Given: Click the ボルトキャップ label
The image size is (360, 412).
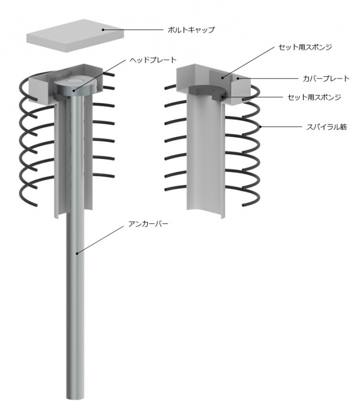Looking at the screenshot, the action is click(x=191, y=30).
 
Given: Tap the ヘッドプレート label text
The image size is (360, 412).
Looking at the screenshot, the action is click(x=153, y=60).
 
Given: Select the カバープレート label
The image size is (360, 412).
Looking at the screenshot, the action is click(x=326, y=78).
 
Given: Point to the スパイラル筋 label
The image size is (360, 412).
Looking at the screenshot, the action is click(x=327, y=127).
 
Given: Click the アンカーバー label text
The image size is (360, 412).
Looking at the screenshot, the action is click(x=148, y=224).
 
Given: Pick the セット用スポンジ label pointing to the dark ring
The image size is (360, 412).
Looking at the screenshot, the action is click(x=314, y=97).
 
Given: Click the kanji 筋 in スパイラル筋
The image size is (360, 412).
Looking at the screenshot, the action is click(x=343, y=127).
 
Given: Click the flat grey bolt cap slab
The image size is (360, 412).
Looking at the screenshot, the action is click(x=75, y=35).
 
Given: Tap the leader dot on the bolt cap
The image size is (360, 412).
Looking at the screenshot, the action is click(x=103, y=30).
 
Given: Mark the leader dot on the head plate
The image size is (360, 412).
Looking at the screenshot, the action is click(x=74, y=91).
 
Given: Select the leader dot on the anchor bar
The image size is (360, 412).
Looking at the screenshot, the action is click(x=77, y=254).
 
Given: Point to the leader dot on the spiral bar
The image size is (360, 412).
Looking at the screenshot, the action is click(x=260, y=127).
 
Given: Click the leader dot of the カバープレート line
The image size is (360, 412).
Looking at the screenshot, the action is click(x=238, y=78).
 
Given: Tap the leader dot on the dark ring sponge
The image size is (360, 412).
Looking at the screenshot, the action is click(x=222, y=97).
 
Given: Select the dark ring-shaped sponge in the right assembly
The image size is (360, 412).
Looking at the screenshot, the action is click(x=207, y=92).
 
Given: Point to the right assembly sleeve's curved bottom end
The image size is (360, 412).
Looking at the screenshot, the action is click(x=206, y=213).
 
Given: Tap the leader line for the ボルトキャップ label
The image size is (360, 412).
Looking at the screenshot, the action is click(x=133, y=30).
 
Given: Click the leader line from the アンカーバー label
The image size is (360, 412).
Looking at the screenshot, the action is click(x=100, y=240).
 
